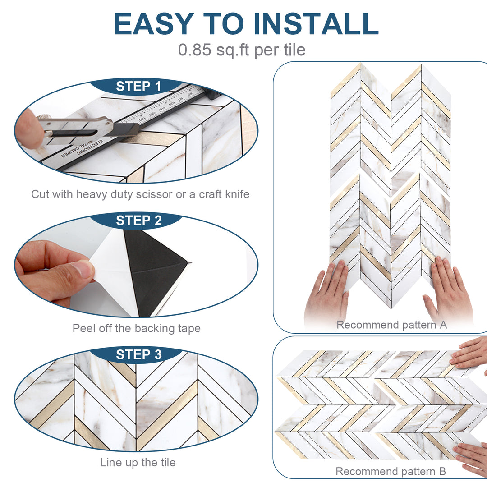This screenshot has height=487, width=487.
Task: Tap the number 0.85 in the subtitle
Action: [194, 50]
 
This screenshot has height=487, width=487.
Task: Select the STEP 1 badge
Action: [138, 86]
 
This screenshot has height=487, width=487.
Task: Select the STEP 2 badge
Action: [138, 221]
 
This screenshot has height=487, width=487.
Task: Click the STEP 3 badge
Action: [138, 354]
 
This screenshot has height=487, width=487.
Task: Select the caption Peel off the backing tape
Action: [136, 328]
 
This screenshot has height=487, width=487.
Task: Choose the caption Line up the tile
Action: [138, 462]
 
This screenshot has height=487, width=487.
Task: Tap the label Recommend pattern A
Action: [391, 325]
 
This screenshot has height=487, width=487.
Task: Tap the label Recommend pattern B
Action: [391, 472]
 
